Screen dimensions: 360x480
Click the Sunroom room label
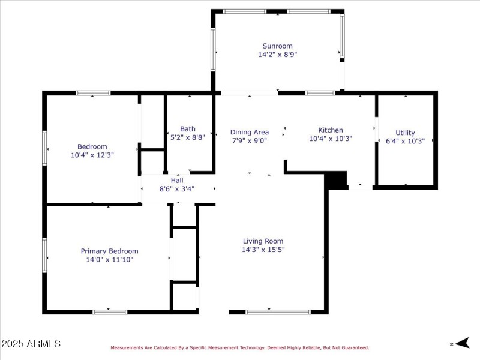pos(277,46)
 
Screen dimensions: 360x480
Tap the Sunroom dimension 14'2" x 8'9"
pos(277,54)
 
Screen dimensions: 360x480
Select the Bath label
pos(188,128)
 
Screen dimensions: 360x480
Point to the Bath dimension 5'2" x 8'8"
pos(188,137)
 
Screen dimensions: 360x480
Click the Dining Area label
pos(249,132)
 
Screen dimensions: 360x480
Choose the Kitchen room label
pos(331,130)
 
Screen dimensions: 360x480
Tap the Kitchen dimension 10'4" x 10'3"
pos(331,138)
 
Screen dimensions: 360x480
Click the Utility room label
pos(405,133)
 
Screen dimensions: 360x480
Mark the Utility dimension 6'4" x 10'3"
pos(405,141)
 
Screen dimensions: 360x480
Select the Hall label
pos(177,180)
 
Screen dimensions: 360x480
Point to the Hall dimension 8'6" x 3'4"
pos(177,188)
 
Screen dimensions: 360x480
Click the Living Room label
pos(263,241)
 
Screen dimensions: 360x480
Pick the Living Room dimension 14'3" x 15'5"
pos(263,249)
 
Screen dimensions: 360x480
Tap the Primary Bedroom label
pos(109,251)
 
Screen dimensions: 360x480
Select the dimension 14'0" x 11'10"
pos(109,259)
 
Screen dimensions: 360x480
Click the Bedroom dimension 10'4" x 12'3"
pos(92,155)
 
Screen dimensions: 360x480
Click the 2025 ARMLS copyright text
pos(31,344)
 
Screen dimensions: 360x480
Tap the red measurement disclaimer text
pos(239,347)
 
